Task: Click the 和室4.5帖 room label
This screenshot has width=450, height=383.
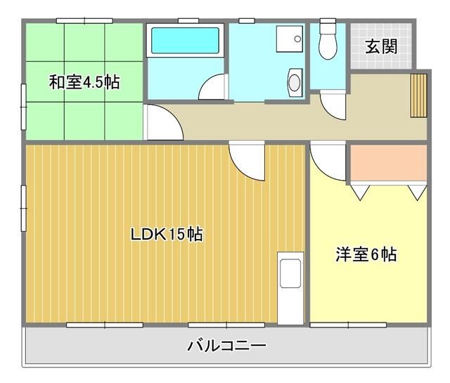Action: [x=84, y=82]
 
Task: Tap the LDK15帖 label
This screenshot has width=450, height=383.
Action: [x=167, y=235]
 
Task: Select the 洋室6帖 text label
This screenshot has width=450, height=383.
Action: [x=365, y=254]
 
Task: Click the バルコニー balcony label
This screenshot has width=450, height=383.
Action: [x=226, y=346]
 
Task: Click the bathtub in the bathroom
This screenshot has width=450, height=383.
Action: [x=186, y=41]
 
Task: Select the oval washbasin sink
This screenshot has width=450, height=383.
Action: [x=294, y=82]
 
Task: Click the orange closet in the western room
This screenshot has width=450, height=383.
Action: [x=388, y=164]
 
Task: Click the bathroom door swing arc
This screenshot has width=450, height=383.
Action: [x=212, y=88]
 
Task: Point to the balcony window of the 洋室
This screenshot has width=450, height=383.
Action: [x=349, y=324]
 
